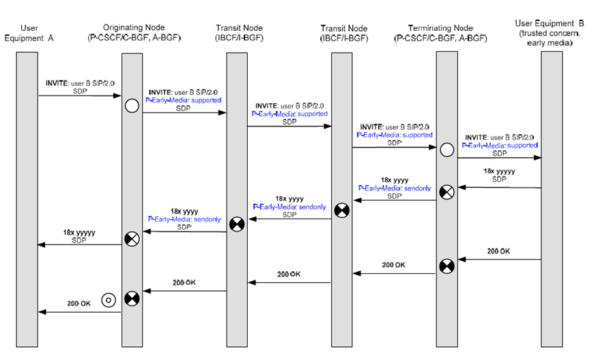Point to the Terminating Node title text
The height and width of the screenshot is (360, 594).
[x=445, y=27]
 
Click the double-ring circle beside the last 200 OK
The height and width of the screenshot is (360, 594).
[x=107, y=299]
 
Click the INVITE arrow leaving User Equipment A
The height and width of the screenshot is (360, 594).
[x=79, y=96]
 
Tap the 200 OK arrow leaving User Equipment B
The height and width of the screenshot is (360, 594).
[x=500, y=260]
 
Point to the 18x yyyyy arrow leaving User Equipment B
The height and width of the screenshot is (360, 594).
[x=500, y=186]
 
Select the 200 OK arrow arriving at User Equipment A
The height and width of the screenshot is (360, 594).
[x=79, y=312]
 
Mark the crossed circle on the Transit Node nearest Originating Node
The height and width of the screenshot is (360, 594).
[x=237, y=223]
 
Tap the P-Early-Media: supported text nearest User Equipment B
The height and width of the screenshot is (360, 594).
[x=500, y=146]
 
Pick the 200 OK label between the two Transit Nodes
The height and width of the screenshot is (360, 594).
[x=289, y=274]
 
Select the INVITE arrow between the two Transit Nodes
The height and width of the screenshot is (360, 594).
[x=289, y=126]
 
